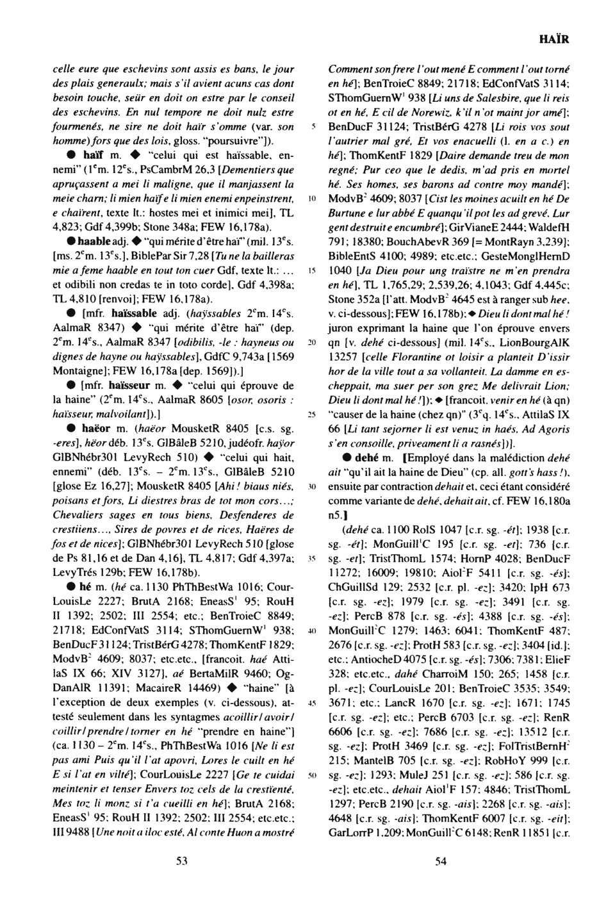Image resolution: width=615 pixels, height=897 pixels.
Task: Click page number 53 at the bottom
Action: click(x=181, y=862)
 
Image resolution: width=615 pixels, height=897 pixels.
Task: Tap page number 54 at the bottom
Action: click(x=440, y=862)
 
